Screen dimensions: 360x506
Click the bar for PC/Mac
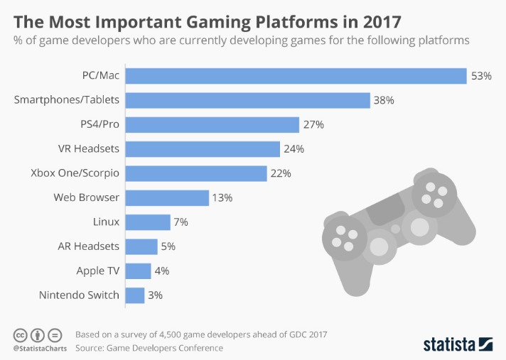[295, 75]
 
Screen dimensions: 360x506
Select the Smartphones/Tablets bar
[247, 100]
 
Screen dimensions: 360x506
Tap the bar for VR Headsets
[203, 149]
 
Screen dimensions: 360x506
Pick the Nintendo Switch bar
[135, 295]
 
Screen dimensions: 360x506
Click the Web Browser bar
[167, 197]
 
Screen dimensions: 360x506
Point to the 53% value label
[481, 75]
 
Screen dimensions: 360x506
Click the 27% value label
[313, 124]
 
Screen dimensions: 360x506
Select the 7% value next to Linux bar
[181, 222]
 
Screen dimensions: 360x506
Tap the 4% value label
[161, 271]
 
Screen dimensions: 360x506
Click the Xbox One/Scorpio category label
[75, 173]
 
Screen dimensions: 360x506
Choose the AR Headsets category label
[88, 246]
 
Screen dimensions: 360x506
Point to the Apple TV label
[97, 271]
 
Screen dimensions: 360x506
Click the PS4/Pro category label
[99, 124]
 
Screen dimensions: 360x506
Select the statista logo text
[449, 344]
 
